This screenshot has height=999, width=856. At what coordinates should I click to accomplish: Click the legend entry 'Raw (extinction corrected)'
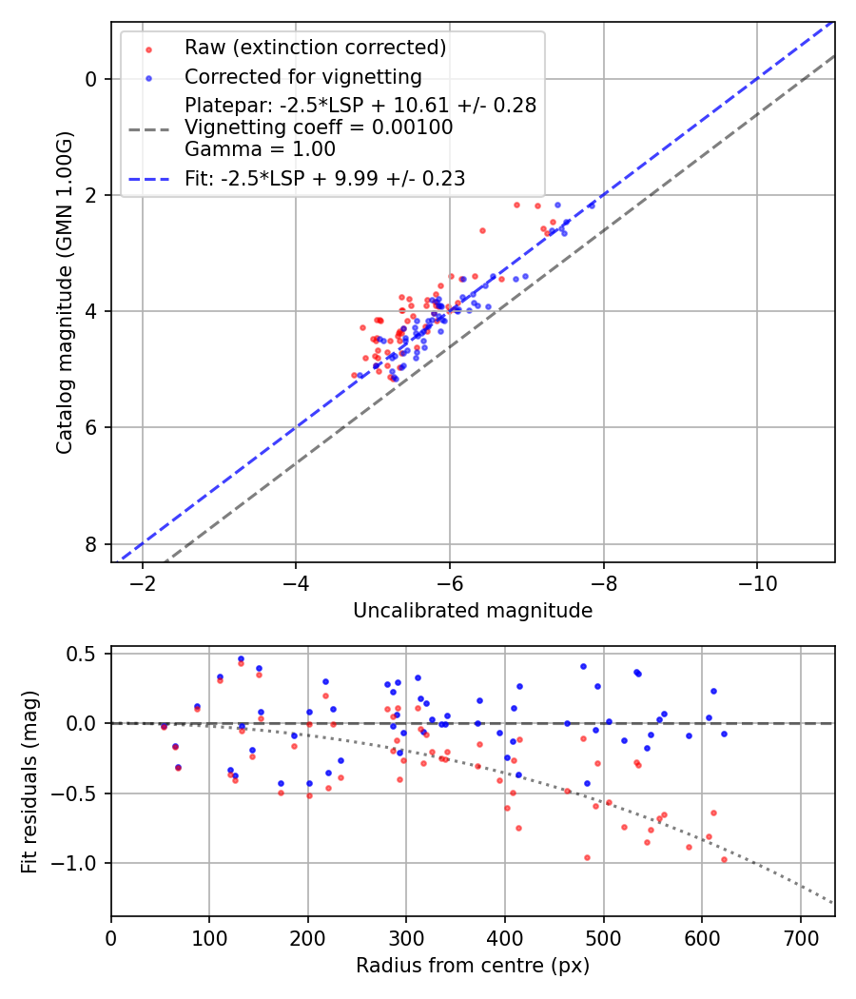tap(315, 48)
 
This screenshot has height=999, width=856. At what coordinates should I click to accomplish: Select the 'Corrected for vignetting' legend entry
tap(302, 76)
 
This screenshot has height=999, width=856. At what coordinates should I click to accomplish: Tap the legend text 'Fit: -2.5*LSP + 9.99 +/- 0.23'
tap(324, 178)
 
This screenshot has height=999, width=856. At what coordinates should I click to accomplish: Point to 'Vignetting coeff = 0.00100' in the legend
tap(319, 127)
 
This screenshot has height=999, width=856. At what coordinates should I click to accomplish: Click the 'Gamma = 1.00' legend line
tap(260, 148)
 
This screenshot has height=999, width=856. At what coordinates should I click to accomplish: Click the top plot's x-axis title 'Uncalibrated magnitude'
tap(473, 611)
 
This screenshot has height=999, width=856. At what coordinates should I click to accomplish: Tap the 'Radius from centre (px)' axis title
tap(473, 966)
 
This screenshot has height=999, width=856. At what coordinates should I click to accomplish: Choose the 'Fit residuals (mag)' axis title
tap(29, 781)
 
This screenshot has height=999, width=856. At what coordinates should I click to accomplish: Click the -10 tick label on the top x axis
tap(757, 583)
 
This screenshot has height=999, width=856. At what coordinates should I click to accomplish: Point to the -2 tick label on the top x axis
tap(143, 583)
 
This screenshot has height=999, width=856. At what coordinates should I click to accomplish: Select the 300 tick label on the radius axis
tap(406, 937)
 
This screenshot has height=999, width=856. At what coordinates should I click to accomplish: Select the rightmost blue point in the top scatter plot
tap(591, 205)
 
